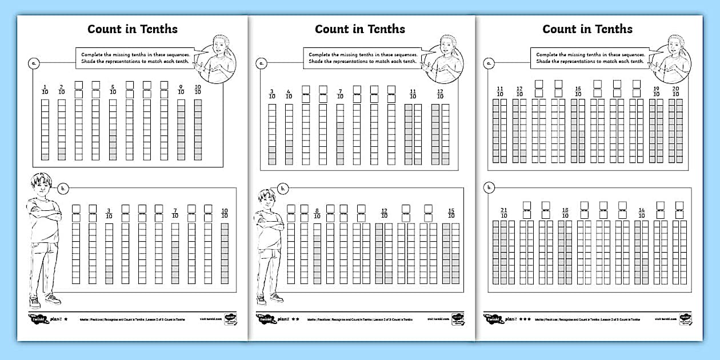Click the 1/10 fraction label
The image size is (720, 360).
45,89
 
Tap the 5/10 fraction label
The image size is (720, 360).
113,89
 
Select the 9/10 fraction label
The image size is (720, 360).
181,89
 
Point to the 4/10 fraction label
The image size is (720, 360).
289,94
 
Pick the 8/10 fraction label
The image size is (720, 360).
317,213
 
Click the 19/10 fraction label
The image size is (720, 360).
656,91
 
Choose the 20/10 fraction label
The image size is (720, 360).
675,91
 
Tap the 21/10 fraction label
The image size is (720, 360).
503,212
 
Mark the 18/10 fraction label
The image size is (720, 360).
565,212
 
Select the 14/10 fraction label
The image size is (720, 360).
641,212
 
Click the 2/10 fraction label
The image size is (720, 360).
61,89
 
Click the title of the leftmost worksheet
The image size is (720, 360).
132,29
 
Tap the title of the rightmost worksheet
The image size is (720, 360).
587,29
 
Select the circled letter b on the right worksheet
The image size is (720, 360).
490,187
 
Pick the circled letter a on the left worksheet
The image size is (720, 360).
34,63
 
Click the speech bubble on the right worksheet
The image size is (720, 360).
590,58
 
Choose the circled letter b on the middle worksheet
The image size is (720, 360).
282,188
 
